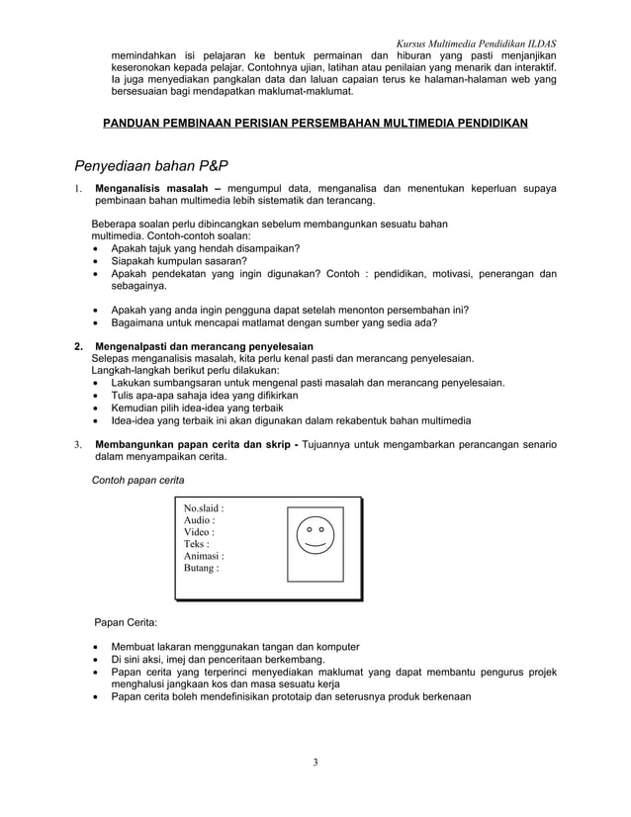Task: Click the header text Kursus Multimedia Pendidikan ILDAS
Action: pos(475,45)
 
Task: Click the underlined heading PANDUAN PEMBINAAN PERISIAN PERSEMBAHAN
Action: pos(315,124)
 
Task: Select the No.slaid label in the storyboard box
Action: pos(204,509)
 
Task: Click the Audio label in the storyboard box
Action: pos(200,521)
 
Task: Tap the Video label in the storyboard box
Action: pos(200,533)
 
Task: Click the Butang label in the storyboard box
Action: pos(202,569)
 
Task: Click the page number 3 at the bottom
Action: pos(315,762)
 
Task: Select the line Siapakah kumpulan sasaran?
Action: pos(179,262)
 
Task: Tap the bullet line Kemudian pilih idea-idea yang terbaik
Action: pos(198,408)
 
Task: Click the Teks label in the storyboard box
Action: pos(197,545)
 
